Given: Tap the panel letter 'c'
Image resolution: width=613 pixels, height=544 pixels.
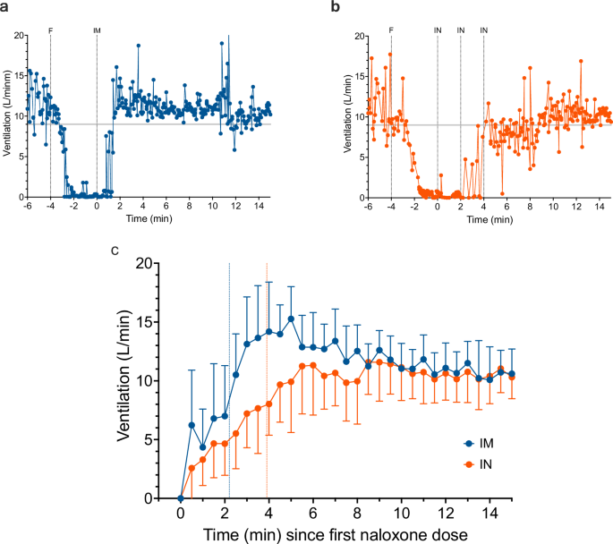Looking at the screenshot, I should pyautogui.click(x=114, y=250).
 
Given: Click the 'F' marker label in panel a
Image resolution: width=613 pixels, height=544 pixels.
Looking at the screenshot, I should pyautogui.click(x=50, y=30).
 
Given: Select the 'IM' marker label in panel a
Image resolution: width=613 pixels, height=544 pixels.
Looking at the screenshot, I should pyautogui.click(x=97, y=30).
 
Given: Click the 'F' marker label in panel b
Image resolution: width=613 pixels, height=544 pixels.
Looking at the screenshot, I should pyautogui.click(x=391, y=30).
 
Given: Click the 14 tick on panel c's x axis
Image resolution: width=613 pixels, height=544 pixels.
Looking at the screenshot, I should pyautogui.click(x=489, y=514).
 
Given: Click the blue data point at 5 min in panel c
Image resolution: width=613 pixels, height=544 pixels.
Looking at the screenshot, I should pyautogui.click(x=291, y=319).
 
